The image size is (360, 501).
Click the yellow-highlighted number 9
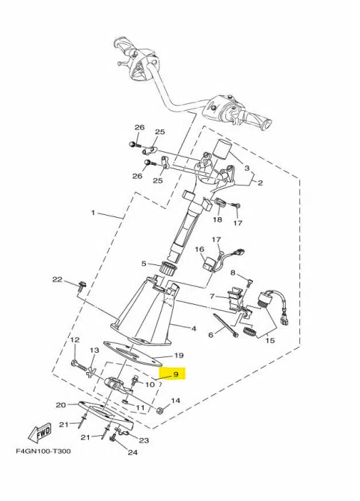pyautogui.click(x=176, y=374)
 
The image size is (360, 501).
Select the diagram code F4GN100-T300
pyautogui.click(x=43, y=452)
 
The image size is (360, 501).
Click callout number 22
pyautogui.click(x=58, y=279)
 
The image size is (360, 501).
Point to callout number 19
pyautogui.click(x=179, y=355)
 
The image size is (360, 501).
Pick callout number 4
pyautogui.click(x=194, y=329)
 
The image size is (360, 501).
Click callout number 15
pyautogui.click(x=270, y=341)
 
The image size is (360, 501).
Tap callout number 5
pyautogui.click(x=144, y=264)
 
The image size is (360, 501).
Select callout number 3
pyautogui.click(x=247, y=168)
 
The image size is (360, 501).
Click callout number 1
pyautogui.click(x=93, y=213)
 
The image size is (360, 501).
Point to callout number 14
pyautogui.click(x=176, y=401)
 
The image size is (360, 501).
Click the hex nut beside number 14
pyautogui.click(x=161, y=410)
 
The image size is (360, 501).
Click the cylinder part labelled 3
pyautogui.click(x=222, y=148)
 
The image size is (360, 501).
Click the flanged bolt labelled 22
pyautogui.click(x=82, y=285)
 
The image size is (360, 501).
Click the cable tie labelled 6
pyautogui.click(x=226, y=325)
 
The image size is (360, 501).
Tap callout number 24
pyautogui.click(x=132, y=452)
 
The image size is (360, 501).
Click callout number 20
pyautogui.click(x=61, y=405)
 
